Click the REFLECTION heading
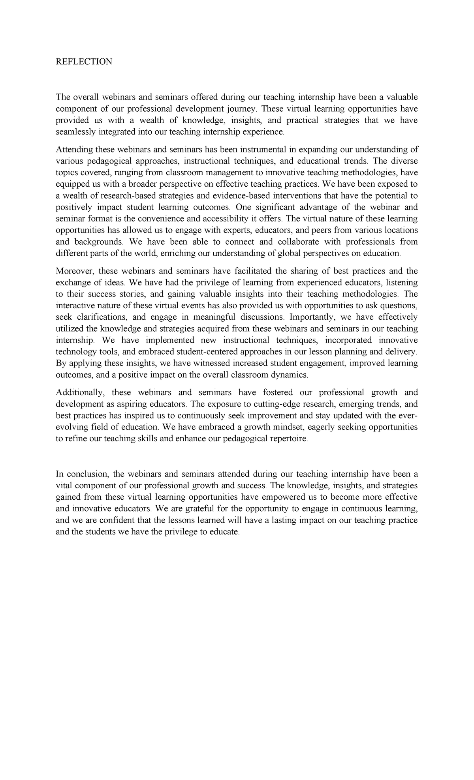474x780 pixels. (x=84, y=62)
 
